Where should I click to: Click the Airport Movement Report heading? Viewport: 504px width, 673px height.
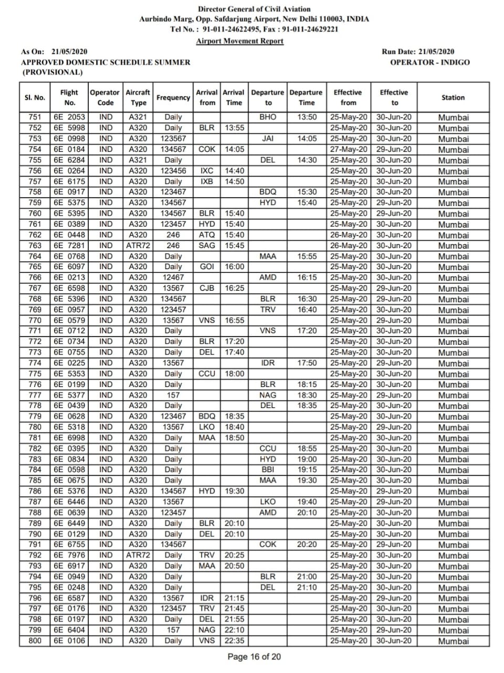(239, 41)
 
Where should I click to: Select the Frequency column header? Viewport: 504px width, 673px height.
(173, 97)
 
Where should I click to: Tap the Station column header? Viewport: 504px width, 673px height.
(453, 97)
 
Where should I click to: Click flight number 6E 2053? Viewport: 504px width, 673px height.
(69, 117)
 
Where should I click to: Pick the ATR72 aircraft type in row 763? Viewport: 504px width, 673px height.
(138, 246)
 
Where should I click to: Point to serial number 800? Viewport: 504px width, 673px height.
(35, 640)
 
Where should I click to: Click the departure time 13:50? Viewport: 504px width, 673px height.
(307, 117)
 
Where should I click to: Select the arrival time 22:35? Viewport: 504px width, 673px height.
(234, 640)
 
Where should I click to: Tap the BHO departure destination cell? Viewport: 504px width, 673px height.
(268, 117)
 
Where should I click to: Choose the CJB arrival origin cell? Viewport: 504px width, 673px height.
(207, 288)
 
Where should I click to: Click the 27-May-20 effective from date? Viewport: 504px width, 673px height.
(349, 149)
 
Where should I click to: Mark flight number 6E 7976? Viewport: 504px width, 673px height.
(69, 555)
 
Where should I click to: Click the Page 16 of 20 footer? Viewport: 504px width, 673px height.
(254, 657)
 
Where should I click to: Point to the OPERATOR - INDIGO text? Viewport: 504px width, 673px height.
(430, 62)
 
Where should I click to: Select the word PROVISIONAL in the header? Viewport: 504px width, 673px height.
(52, 73)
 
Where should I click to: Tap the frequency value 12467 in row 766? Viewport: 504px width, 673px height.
(173, 277)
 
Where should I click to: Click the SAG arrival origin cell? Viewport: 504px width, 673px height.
(207, 246)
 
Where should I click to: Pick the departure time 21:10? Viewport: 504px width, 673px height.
(307, 587)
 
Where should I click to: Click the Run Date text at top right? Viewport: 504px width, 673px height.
(418, 52)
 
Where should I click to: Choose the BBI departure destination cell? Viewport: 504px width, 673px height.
(268, 470)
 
